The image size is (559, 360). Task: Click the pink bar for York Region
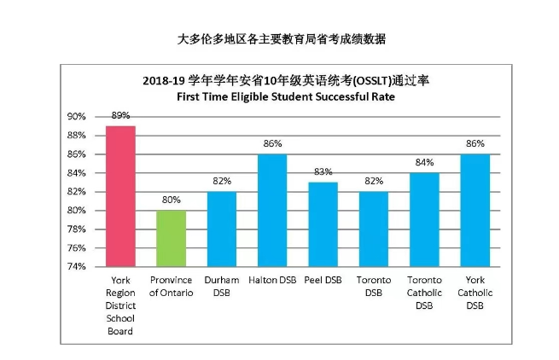point(120,196)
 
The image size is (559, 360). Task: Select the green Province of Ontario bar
point(171,238)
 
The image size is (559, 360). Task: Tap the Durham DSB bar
point(221,229)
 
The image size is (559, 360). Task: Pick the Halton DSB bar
point(272,210)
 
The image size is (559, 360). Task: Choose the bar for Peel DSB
point(323,224)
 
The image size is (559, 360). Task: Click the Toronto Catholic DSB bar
point(424,219)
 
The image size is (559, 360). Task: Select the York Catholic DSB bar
point(475,210)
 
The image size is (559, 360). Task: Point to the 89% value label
point(120,115)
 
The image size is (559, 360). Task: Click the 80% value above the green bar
point(171,200)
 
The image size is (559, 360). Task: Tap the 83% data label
point(323,172)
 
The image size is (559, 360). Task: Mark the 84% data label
point(424,162)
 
